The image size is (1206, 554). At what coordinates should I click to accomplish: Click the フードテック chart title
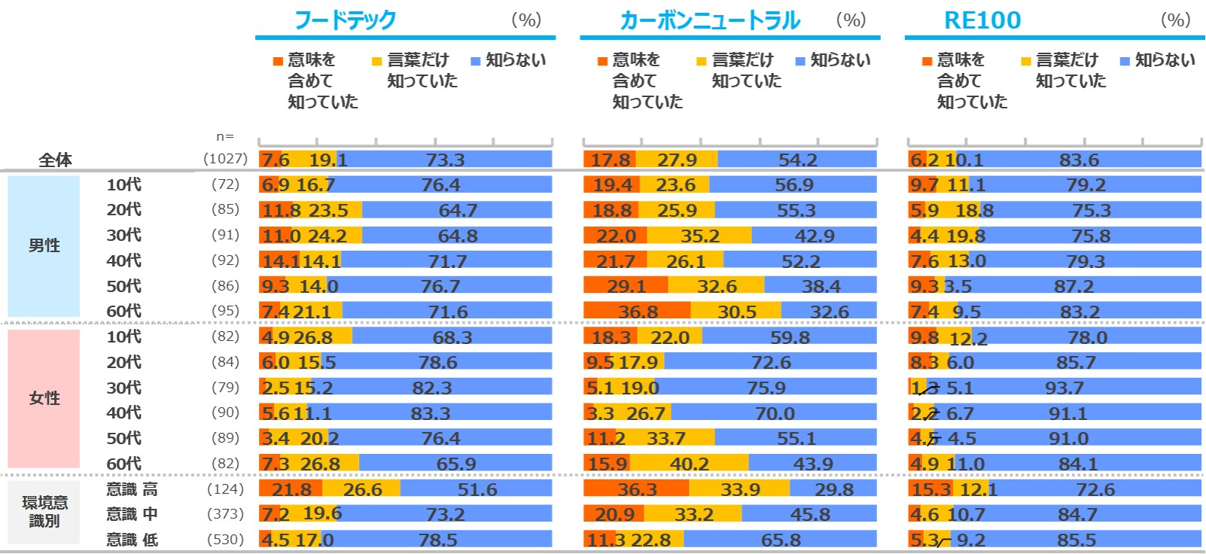[x=345, y=20]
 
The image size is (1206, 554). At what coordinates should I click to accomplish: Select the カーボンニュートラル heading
[x=709, y=20]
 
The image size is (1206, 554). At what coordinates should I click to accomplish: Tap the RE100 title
[x=982, y=20]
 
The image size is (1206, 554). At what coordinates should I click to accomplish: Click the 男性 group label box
[x=44, y=246]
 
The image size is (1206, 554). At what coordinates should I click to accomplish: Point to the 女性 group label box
[x=44, y=398]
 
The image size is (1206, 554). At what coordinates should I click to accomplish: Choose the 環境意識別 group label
[x=44, y=512]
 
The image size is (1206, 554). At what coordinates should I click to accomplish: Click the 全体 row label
[x=56, y=160]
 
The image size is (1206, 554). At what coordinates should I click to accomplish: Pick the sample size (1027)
[x=225, y=159]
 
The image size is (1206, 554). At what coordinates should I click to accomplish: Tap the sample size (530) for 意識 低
[x=225, y=540]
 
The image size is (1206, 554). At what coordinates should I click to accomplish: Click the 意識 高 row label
[x=132, y=489]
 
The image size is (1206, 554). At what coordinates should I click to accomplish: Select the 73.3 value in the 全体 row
[x=445, y=160]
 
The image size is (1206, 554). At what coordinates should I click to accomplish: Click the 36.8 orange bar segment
[x=638, y=312]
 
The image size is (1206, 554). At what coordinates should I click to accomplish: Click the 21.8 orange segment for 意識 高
[x=291, y=489]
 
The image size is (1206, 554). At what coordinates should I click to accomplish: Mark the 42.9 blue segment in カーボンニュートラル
[x=815, y=236]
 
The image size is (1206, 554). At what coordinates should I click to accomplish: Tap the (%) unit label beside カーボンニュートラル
[x=851, y=20]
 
